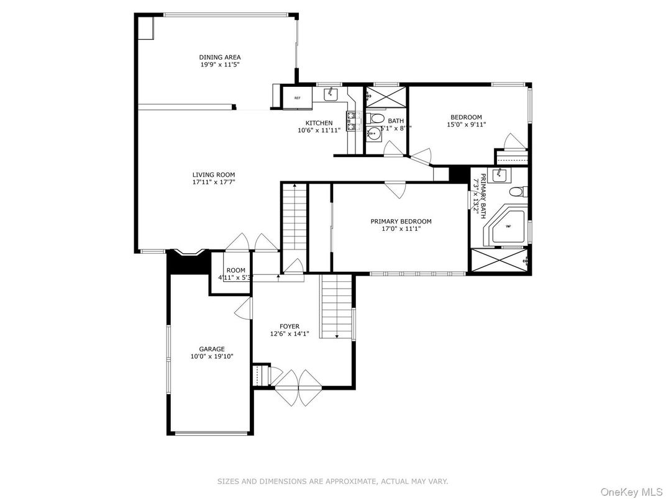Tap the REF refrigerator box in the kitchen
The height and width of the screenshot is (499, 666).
(x=297, y=97)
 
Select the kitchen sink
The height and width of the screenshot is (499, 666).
(x=330, y=94)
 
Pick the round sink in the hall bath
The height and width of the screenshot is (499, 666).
(x=373, y=133)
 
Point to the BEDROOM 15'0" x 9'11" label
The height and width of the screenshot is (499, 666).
(x=466, y=121)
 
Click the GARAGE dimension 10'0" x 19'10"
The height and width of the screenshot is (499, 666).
(x=212, y=356)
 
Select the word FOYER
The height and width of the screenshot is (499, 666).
(x=290, y=326)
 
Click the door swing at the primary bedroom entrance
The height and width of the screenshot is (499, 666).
(x=395, y=189)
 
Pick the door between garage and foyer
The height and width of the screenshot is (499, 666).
(x=245, y=308)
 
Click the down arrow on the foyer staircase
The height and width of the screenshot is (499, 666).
(x=336, y=336)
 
